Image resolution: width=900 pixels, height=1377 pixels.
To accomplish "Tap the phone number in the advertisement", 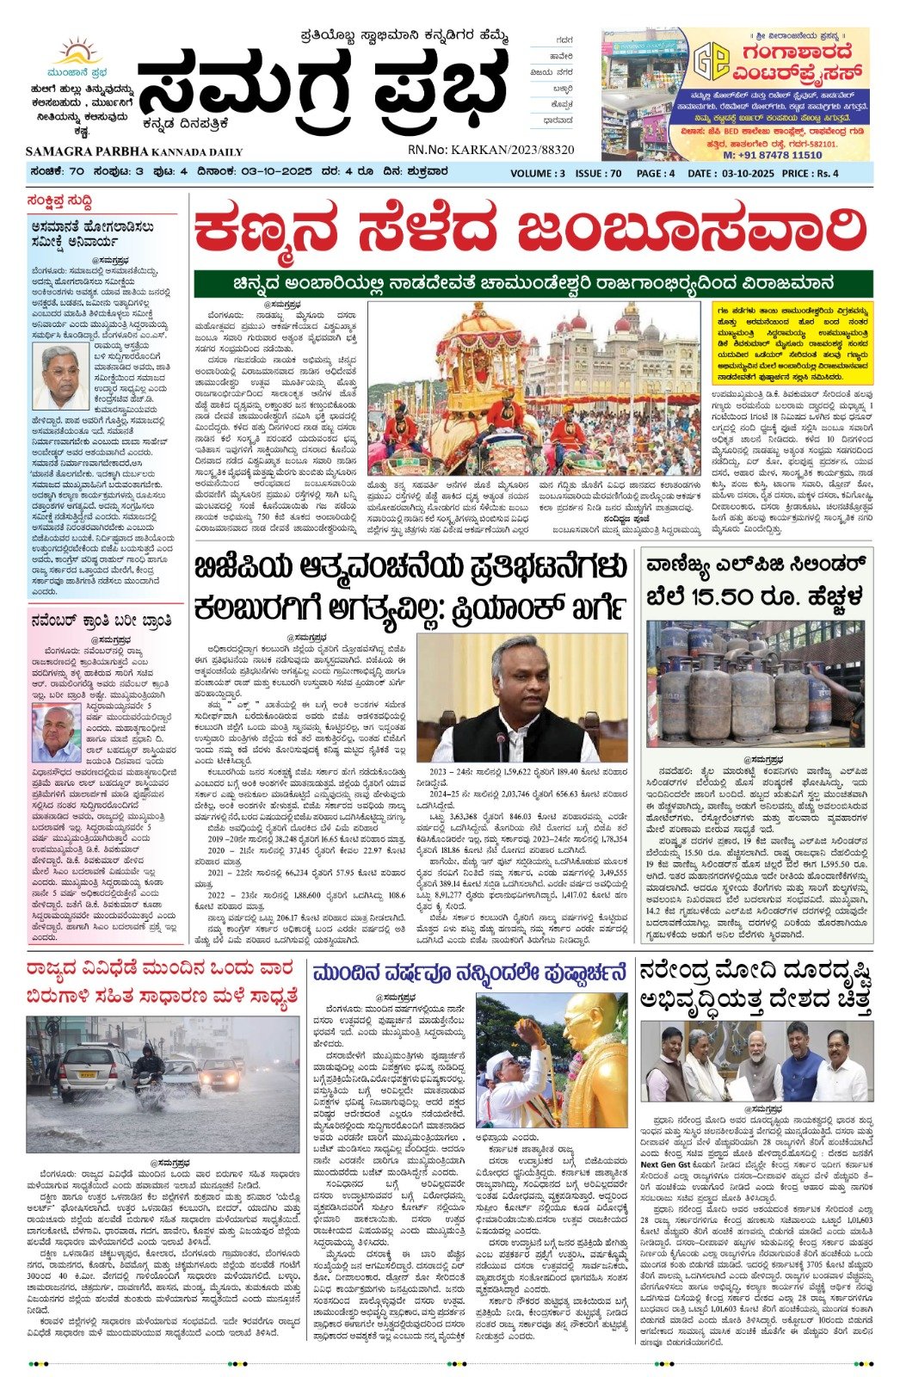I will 772,155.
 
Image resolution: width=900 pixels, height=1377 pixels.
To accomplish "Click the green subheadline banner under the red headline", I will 533,282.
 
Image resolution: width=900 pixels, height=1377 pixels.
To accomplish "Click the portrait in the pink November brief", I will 57,729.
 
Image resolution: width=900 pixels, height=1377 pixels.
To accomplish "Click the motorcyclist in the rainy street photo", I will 147,1068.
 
